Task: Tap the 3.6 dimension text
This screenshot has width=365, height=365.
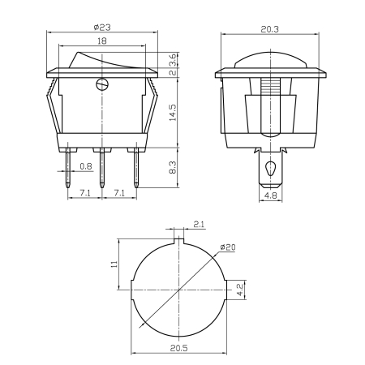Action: [172, 59]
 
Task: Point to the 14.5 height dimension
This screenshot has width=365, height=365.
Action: [172, 113]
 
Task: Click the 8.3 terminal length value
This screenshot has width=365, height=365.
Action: [172, 169]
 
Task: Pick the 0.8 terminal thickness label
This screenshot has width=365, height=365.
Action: [87, 168]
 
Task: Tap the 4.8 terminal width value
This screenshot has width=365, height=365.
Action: [270, 195]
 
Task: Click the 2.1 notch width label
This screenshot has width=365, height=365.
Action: [200, 225]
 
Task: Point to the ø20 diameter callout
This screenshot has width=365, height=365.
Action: [228, 247]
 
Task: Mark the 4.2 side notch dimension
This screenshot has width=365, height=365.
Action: [239, 290]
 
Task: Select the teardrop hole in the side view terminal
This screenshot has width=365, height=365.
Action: [270, 170]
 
